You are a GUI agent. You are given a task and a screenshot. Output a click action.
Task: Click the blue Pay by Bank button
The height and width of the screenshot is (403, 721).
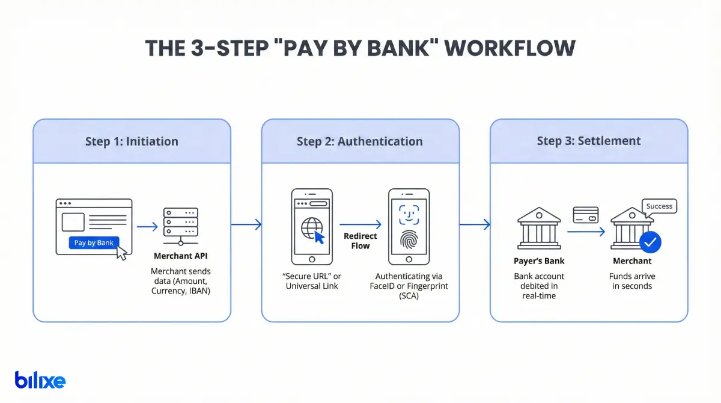pyautogui.click(x=94, y=243)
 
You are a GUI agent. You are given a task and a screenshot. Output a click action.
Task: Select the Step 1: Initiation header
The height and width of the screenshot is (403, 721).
pyautogui.click(x=132, y=142)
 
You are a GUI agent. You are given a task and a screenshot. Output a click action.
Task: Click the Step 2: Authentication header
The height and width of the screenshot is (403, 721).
pyautogui.click(x=359, y=142)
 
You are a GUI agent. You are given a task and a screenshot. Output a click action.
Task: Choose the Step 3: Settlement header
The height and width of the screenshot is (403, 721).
pyautogui.click(x=589, y=141)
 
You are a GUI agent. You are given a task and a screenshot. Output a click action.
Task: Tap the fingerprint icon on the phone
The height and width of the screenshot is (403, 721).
pyautogui.click(x=409, y=239)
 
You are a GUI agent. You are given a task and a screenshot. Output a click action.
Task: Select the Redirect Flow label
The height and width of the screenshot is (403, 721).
pyautogui.click(x=360, y=241)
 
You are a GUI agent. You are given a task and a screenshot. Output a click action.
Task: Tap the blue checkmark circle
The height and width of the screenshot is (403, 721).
pyautogui.click(x=650, y=242)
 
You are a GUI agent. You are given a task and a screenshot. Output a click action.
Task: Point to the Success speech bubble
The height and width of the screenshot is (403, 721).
pyautogui.click(x=659, y=206)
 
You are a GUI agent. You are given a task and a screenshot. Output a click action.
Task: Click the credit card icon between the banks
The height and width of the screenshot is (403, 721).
pyautogui.click(x=585, y=215)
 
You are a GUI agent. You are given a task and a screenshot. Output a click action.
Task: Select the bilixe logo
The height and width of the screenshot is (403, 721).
pyautogui.click(x=40, y=380)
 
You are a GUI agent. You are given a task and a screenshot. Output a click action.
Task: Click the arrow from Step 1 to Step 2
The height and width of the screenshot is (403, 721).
pyautogui.click(x=246, y=225)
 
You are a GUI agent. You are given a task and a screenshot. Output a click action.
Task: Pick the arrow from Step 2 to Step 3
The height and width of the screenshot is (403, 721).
pyautogui.click(x=475, y=225)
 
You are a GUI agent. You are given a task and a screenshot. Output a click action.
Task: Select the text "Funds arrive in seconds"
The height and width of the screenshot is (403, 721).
pyautogui.click(x=632, y=281)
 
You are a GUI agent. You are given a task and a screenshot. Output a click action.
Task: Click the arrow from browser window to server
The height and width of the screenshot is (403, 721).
pyautogui.click(x=147, y=227)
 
